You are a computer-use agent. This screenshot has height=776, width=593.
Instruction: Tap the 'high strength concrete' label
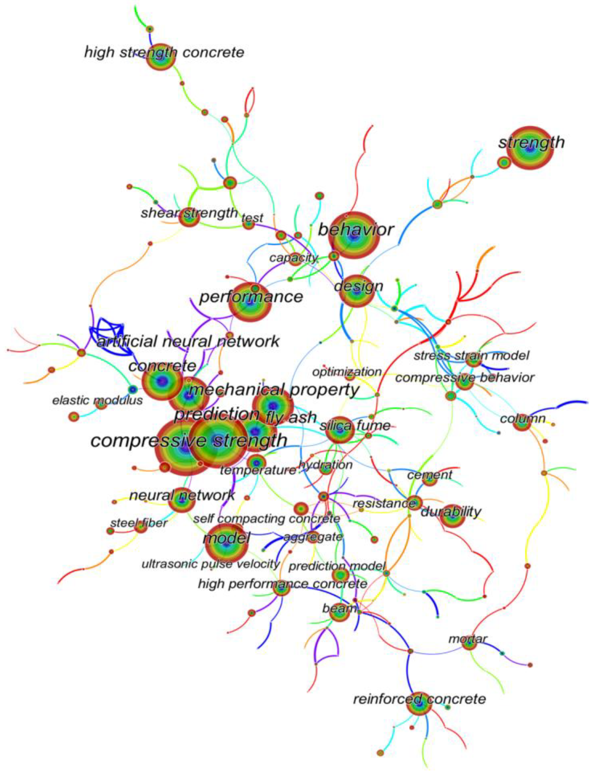(x=164, y=52)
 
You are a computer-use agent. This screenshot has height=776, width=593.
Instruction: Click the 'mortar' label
(x=467, y=639)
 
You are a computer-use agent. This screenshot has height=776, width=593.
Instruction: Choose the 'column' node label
(x=523, y=419)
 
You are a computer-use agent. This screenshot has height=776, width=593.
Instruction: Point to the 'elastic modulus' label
(x=97, y=400)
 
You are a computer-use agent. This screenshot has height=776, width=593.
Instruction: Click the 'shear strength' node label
(x=189, y=213)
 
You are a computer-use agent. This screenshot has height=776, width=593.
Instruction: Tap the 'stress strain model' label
(x=471, y=355)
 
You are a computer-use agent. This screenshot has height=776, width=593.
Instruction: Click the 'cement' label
(x=430, y=475)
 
